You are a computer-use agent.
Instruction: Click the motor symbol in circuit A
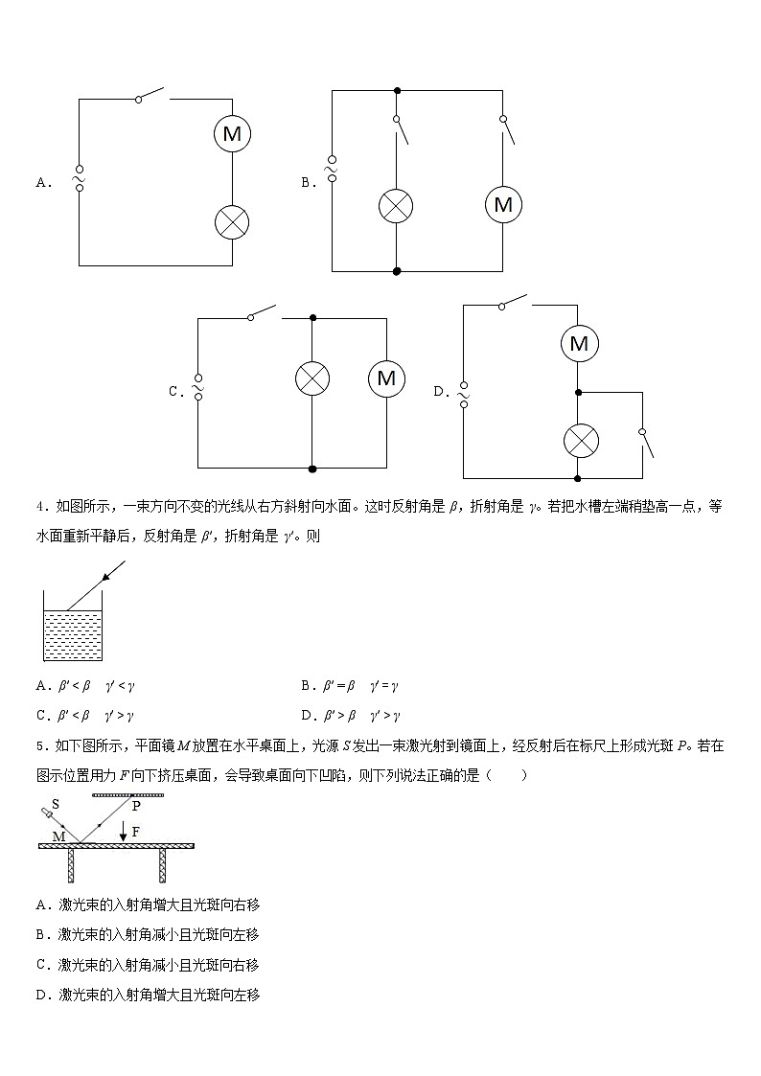click(x=232, y=134)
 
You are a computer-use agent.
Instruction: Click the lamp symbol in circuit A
click(x=232, y=222)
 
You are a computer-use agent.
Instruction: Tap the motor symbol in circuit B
click(x=503, y=205)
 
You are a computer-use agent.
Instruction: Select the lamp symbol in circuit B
click(x=396, y=205)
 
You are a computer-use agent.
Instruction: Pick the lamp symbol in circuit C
click(x=311, y=378)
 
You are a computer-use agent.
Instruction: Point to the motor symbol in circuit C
click(x=386, y=378)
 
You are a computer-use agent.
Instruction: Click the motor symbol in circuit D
click(x=578, y=343)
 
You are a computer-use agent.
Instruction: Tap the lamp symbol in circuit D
click(x=578, y=441)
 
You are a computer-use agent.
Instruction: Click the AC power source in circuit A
click(x=79, y=178)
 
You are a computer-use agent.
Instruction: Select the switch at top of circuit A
click(x=151, y=95)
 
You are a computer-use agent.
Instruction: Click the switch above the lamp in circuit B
click(x=401, y=129)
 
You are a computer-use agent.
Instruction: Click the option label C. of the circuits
click(x=176, y=391)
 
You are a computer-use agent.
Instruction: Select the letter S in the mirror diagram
click(x=56, y=806)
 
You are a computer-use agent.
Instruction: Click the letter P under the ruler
click(x=136, y=807)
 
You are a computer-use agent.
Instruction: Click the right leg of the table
click(x=163, y=864)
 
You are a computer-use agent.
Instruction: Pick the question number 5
click(x=41, y=745)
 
